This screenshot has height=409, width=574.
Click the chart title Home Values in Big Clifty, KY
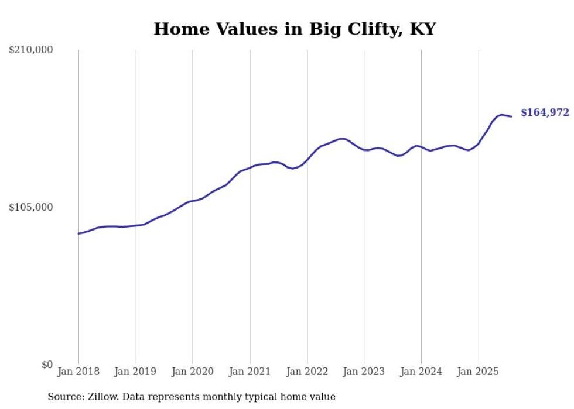coord(295,29)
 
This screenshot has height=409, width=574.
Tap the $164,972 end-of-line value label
coord(545,112)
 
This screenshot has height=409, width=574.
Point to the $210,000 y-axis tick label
coord(31,50)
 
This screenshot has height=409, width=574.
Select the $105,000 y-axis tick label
coord(31,207)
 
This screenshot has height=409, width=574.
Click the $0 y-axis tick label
coord(47,365)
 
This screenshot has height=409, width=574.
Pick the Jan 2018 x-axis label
coord(78,372)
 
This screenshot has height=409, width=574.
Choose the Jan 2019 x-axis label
coord(136,372)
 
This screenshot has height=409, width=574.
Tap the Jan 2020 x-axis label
coord(193,372)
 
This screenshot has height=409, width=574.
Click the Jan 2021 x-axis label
coord(250,372)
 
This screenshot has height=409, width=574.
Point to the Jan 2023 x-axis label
coord(364,372)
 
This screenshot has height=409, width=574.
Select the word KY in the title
coord(422,29)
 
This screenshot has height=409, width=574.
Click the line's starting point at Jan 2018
coord(78,233)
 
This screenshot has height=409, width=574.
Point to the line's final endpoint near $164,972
coord(512,116)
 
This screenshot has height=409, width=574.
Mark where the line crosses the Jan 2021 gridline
coord(250,167)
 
